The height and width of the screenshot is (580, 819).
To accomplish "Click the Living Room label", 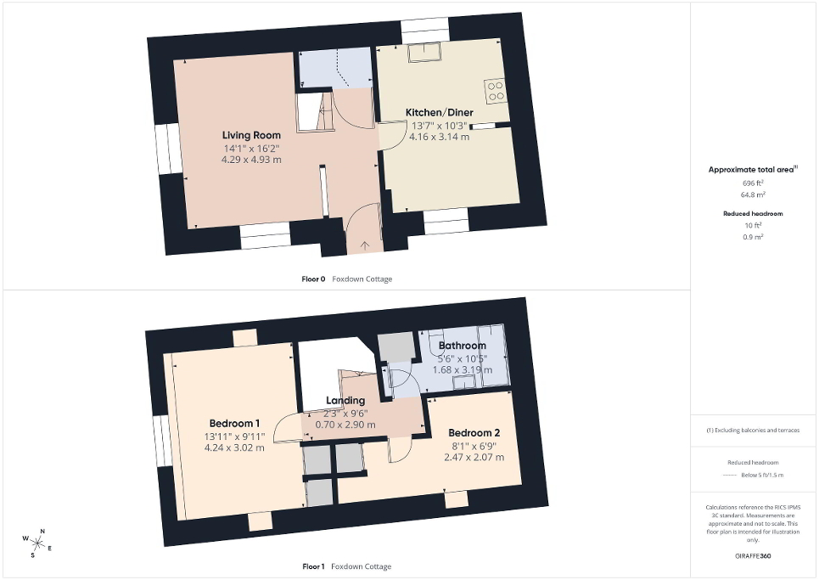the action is [x=251, y=135].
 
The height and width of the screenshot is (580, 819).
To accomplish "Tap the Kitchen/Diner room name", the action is [x=440, y=112].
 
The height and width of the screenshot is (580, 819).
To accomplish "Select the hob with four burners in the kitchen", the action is [x=495, y=90].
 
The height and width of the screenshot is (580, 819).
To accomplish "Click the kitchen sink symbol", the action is [x=425, y=53].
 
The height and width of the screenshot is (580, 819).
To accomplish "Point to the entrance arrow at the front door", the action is [x=365, y=245].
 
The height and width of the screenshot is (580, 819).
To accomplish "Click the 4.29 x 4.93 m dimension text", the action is [x=251, y=160].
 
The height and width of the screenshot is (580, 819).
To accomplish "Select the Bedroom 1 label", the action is [x=234, y=423].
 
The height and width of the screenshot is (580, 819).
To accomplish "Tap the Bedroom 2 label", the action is [x=474, y=432].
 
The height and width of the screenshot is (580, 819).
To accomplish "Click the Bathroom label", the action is [x=463, y=346].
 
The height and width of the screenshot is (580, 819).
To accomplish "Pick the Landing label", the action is [x=345, y=400].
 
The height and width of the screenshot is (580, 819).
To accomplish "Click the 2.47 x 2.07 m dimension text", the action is [x=474, y=457].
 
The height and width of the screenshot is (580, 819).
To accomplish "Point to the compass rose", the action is [x=36, y=543].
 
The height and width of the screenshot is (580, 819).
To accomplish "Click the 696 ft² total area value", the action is [x=753, y=183].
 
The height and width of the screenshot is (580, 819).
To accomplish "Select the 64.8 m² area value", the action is [x=753, y=194].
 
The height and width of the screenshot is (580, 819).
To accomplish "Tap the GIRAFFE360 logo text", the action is [x=753, y=556].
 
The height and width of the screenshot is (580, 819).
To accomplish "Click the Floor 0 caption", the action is [x=313, y=279].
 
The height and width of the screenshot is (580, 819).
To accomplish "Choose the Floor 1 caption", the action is [x=313, y=566].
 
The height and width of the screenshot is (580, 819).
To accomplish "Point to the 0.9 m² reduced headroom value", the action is [x=753, y=237].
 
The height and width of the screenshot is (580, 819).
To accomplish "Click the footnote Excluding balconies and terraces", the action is [x=753, y=430].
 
